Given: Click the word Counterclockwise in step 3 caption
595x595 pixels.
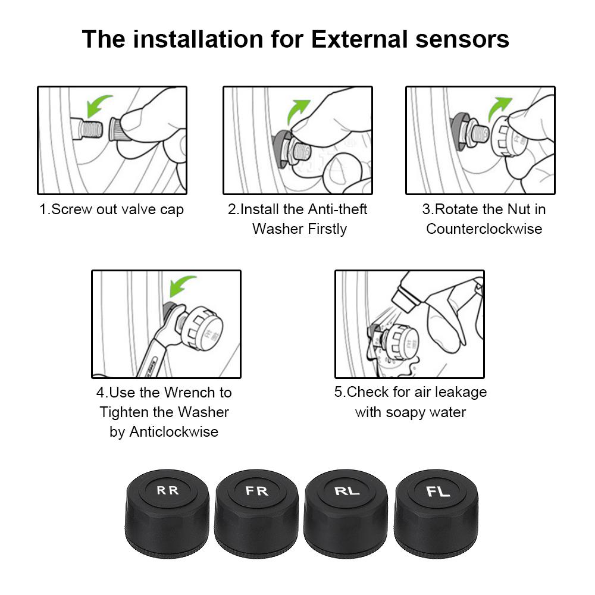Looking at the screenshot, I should click(484, 229).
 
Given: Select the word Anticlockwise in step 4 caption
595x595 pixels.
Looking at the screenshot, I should click(164, 431).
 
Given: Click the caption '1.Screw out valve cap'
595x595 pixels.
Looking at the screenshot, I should click(112, 209).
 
